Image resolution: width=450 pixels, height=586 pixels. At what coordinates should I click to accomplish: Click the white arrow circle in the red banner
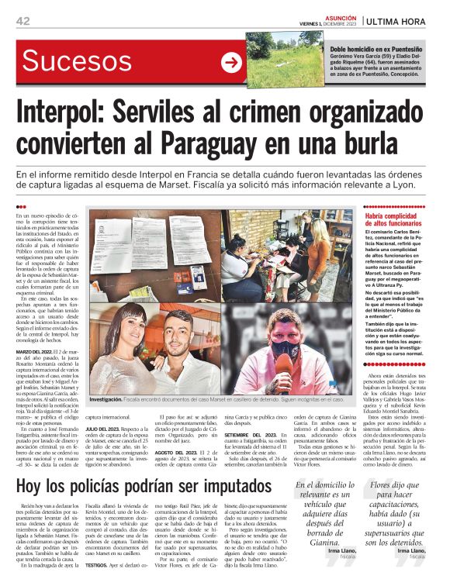230,64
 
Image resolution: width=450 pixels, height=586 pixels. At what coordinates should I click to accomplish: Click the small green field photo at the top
284,59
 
